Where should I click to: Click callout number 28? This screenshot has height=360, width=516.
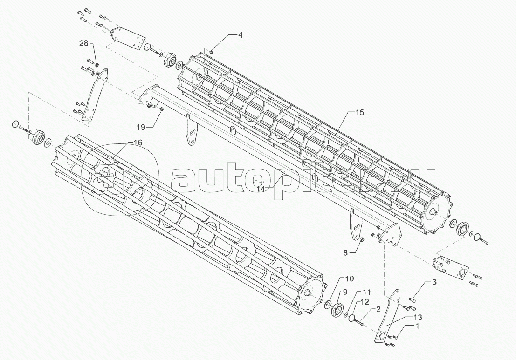coord(83,43)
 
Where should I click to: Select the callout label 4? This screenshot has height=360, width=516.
coord(241,35)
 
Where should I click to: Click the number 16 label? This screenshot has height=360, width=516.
coord(138,142)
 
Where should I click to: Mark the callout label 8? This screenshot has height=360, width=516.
coord(345,253)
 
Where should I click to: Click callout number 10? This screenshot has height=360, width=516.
coord(349,278)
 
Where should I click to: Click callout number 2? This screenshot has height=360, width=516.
coord(378,309)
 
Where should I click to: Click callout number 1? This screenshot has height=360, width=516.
coord(417,326)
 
